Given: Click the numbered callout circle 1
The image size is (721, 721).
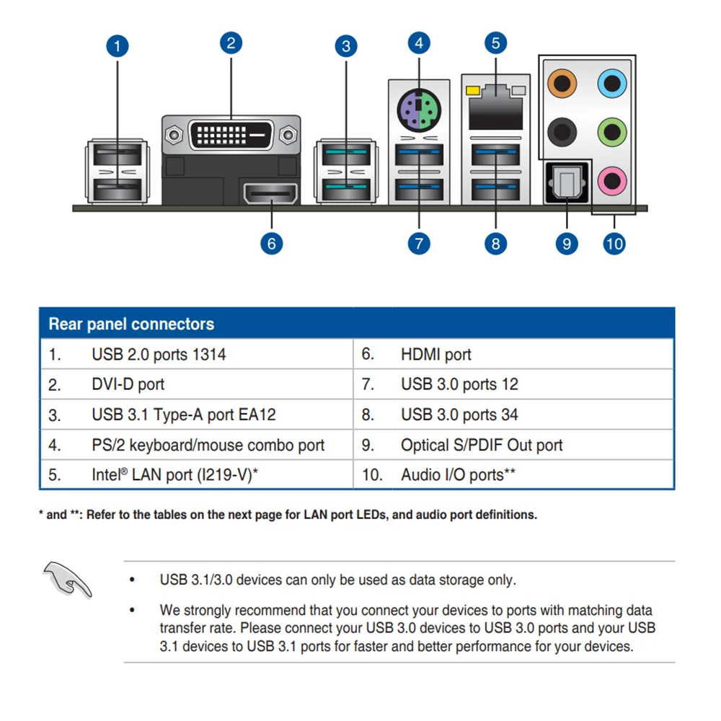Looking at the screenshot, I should point(118,47).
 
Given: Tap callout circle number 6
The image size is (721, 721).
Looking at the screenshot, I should point(272,243).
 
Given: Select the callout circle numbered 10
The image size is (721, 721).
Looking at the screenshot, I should point(614,244).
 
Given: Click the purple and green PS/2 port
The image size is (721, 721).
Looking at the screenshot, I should point(419,111).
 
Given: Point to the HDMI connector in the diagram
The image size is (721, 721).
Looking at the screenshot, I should point(272,194).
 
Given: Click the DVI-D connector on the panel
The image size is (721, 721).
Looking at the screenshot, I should point(231,134).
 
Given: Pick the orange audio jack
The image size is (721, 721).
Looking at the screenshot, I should point(562,84).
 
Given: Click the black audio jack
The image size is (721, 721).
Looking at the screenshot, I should point(562,131).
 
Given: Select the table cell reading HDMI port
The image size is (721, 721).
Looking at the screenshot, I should point(435,354).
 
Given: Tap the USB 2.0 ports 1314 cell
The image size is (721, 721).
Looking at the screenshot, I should point(159,354).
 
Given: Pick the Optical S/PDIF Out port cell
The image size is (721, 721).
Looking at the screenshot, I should point(482,445).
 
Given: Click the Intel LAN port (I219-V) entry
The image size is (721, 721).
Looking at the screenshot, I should point(175,475).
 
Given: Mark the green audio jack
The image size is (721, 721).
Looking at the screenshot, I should point(612,131).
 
